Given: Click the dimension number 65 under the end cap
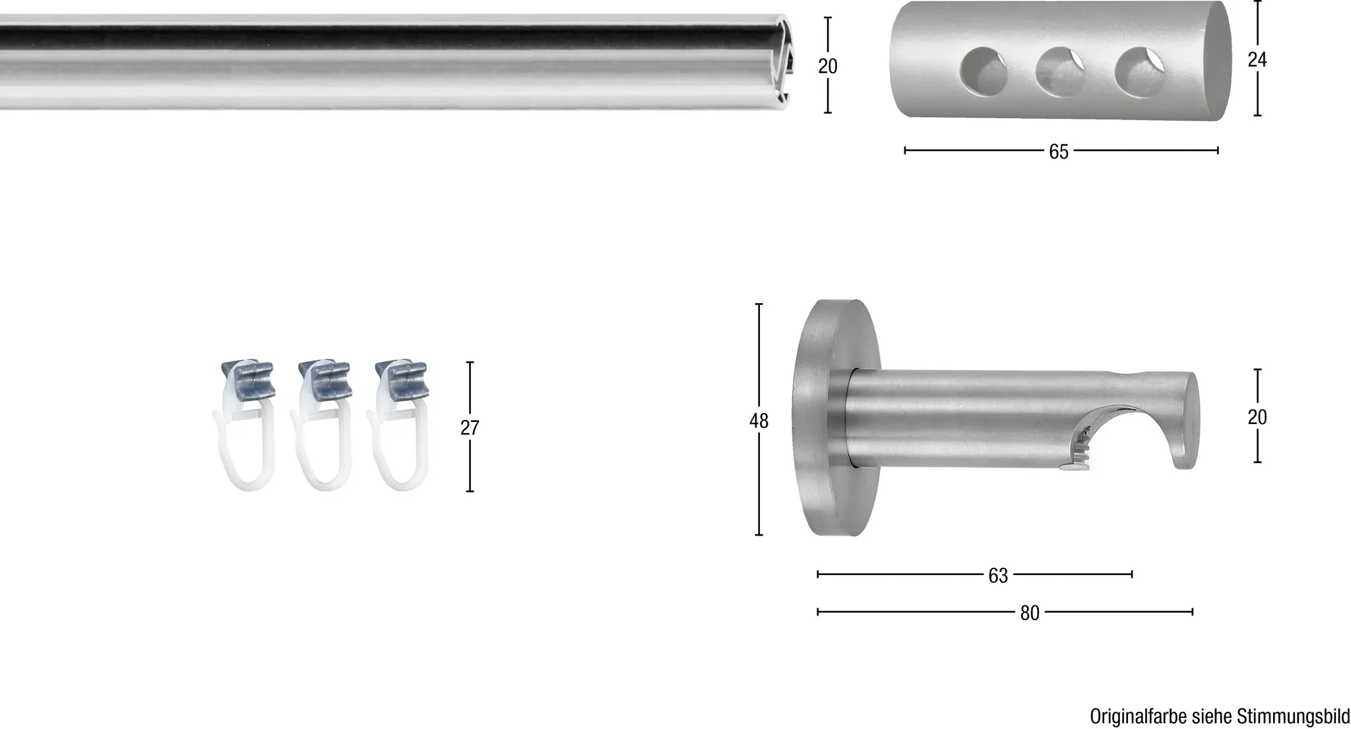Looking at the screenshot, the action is point(1058,152).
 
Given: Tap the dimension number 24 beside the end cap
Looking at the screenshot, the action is point(1257,60).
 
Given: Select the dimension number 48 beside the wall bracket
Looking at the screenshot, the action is point(759,421).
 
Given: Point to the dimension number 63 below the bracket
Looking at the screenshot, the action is point(998,576).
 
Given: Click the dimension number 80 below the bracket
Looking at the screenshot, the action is point(1030,613).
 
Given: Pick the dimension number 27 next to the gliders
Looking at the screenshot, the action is point(470,428).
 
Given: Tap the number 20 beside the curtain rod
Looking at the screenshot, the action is point(828,66).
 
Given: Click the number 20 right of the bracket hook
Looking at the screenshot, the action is point(1257,417).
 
